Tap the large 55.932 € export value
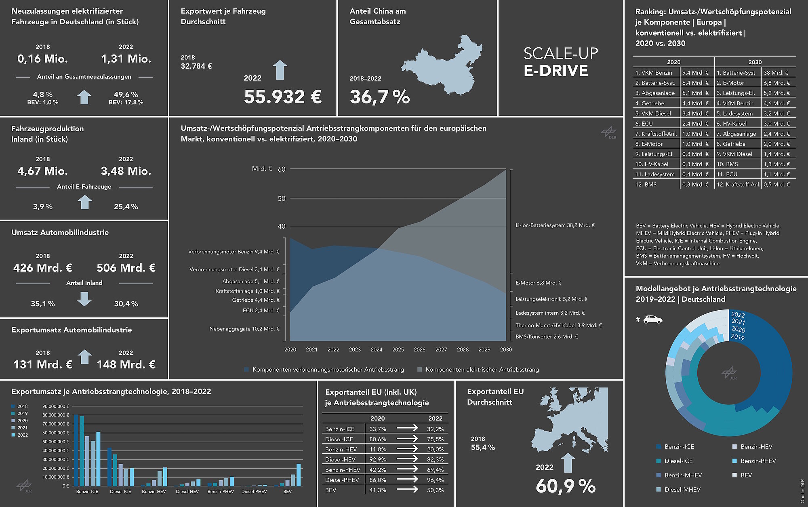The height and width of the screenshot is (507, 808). tap(283, 97)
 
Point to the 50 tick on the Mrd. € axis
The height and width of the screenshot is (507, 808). tap(281, 198)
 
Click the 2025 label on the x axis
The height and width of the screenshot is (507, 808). tap(398, 349)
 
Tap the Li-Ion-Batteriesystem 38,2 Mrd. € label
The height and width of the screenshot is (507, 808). tap(555, 225)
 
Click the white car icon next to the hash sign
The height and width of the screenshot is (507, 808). tap(652, 320)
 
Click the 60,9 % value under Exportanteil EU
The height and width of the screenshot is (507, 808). tap(566, 486)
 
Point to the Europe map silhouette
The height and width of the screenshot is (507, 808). tap(574, 420)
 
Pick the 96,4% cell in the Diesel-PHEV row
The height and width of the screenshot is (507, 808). tap(435, 480)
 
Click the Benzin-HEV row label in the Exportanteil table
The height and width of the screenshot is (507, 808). tap(341, 449)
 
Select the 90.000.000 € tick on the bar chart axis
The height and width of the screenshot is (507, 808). tap(56, 406)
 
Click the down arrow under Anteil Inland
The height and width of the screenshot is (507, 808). tap(84, 299)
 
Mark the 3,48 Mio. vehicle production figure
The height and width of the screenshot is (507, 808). tap(126, 171)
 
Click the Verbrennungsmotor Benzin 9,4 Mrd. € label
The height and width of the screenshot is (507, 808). tap(234, 252)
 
